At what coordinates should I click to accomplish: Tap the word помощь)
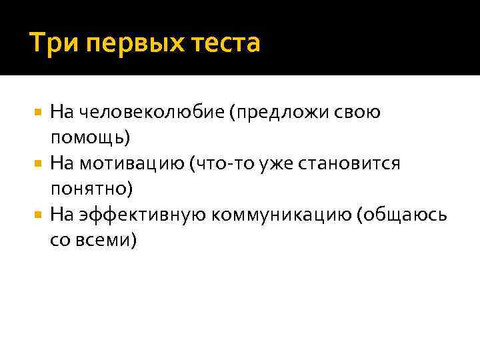91,137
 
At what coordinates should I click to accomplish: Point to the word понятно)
92,189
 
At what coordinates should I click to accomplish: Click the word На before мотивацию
61,163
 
